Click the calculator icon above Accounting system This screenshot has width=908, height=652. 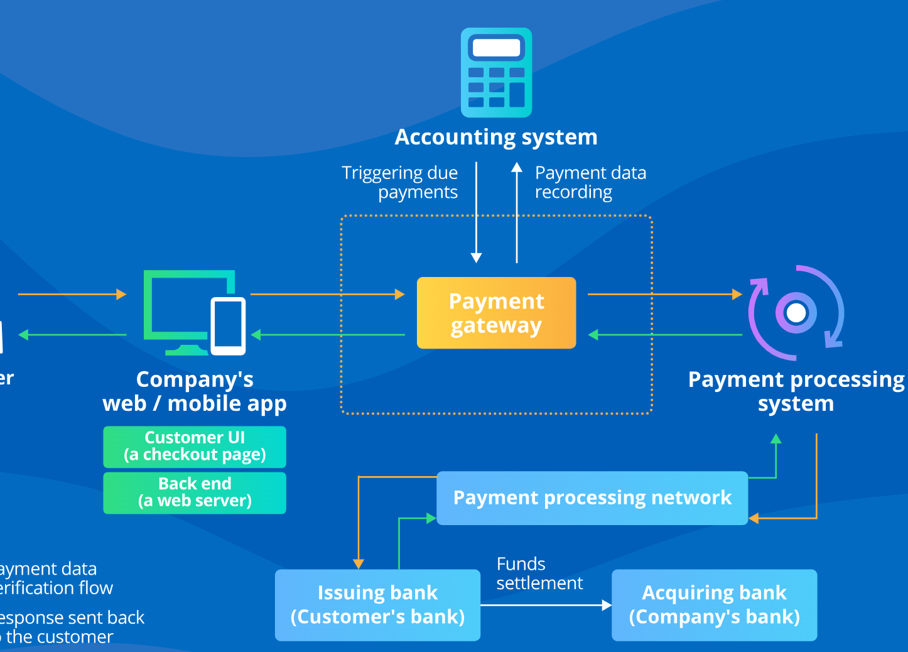tap(496, 72)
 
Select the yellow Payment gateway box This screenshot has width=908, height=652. tap(496, 313)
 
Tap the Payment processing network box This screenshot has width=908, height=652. tap(592, 498)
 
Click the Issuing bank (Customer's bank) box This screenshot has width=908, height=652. tap(377, 605)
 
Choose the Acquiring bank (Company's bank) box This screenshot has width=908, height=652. tap(714, 605)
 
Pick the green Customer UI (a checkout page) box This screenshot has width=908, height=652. tap(195, 447)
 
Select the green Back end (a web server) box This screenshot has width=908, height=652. tap(195, 493)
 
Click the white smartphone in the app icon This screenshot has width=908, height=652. tap(228, 325)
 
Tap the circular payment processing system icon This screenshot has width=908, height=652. tap(796, 313)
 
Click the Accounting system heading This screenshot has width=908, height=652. tap(496, 137)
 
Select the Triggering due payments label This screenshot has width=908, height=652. tap(401, 182)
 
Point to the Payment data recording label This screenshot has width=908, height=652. tap(590, 182)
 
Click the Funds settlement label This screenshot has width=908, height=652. tap(539, 573)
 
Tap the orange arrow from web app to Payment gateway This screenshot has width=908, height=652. tap(327, 294)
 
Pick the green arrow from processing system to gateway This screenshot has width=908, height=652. tap(666, 335)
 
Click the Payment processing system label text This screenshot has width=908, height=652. tap(796, 391)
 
